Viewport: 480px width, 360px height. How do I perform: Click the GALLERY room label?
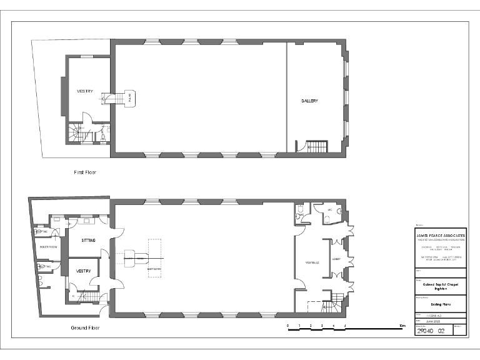309,101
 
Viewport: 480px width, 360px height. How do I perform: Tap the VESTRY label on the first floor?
85,91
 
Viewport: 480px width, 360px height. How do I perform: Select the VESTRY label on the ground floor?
84,271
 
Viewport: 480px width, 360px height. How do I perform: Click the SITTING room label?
88,239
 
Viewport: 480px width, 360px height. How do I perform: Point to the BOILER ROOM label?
48,247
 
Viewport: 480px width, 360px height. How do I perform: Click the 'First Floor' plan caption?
84,172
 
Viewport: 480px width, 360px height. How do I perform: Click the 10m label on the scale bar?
402,326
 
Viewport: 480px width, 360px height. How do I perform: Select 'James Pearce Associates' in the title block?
440,236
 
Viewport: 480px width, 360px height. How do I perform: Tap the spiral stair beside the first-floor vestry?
76,133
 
